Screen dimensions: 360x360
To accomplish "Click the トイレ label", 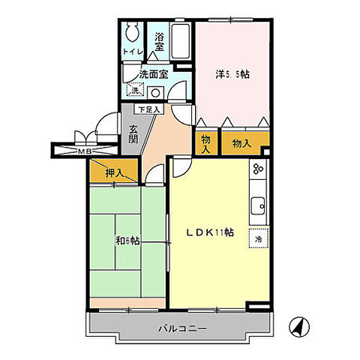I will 133,52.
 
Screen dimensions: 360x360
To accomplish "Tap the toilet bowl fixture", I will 133,31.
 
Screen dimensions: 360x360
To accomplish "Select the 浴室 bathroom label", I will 160,42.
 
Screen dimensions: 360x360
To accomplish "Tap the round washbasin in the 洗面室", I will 155,92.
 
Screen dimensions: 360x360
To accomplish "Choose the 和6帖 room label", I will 127,241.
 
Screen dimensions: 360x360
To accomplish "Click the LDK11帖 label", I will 209,232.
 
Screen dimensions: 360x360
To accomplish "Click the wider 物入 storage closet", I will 241,142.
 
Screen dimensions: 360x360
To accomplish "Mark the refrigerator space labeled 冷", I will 259,238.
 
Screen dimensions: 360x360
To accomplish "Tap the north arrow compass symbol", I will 298,326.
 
